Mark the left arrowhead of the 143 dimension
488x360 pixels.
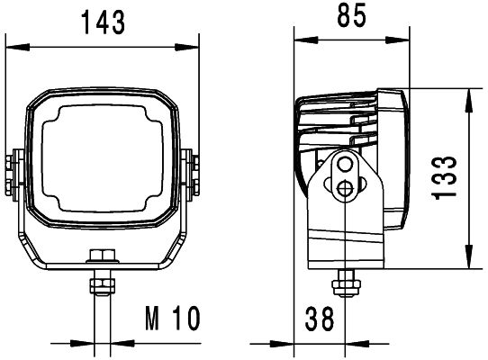tap(10, 41)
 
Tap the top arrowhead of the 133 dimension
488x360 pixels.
tap(468, 94)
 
